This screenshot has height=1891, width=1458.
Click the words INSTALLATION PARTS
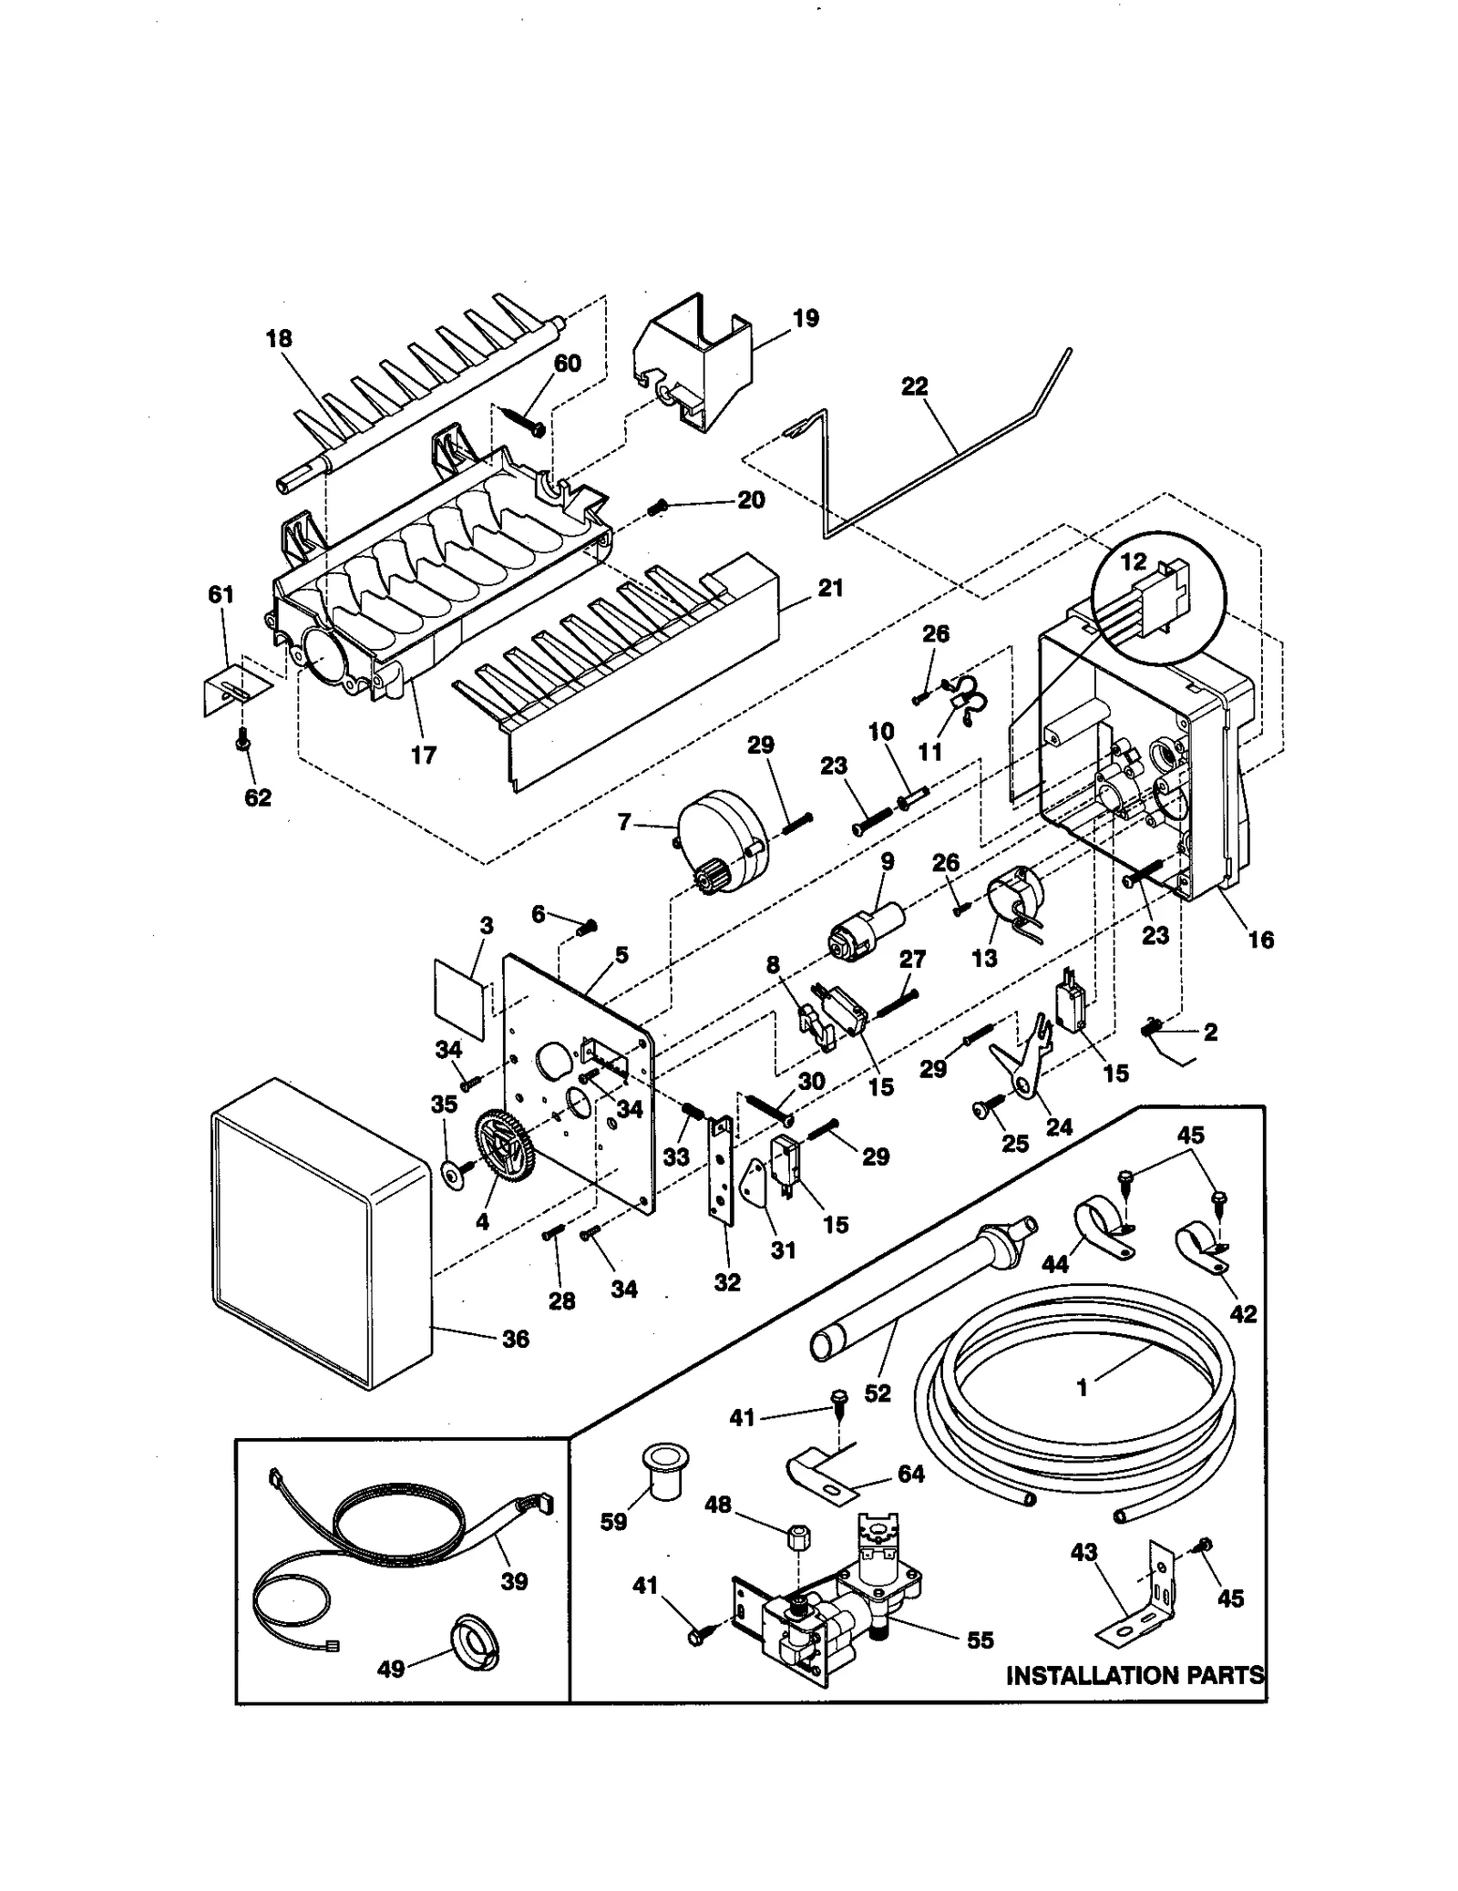click(x=1135, y=1675)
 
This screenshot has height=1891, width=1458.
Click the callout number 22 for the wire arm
click(x=914, y=386)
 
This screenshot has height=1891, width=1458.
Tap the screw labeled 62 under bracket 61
click(x=243, y=744)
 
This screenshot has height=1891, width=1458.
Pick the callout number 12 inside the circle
click(x=1133, y=562)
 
